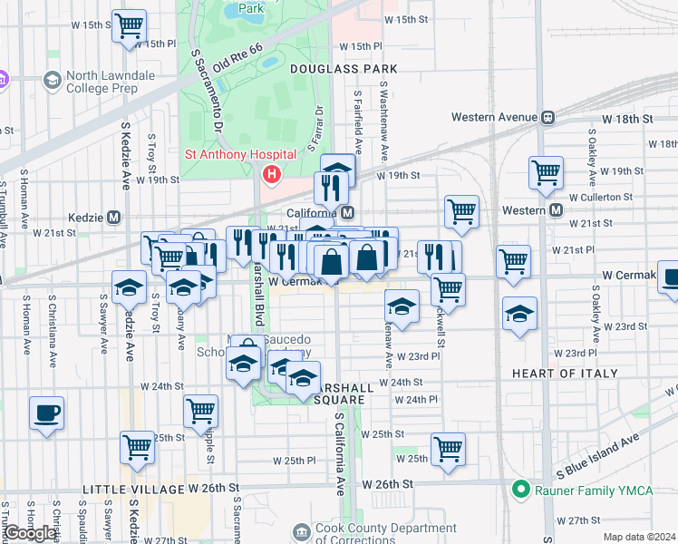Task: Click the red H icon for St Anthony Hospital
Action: coord(270,173)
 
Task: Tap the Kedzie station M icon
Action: coord(114,218)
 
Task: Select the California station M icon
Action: coord(348,212)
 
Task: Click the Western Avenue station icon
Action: coord(548,117)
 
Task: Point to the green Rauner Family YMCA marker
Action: coord(520,490)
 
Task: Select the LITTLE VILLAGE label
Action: coord(133,489)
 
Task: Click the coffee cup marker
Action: coord(46,413)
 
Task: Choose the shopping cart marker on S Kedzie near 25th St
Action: coord(137,446)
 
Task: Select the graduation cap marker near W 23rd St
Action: coord(519,314)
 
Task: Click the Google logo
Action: coord(30,533)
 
